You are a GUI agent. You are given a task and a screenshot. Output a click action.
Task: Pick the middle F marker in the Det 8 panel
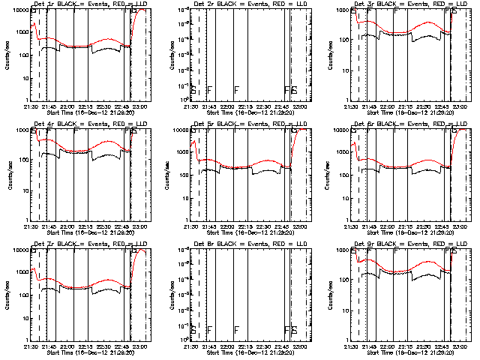coord(236,330)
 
